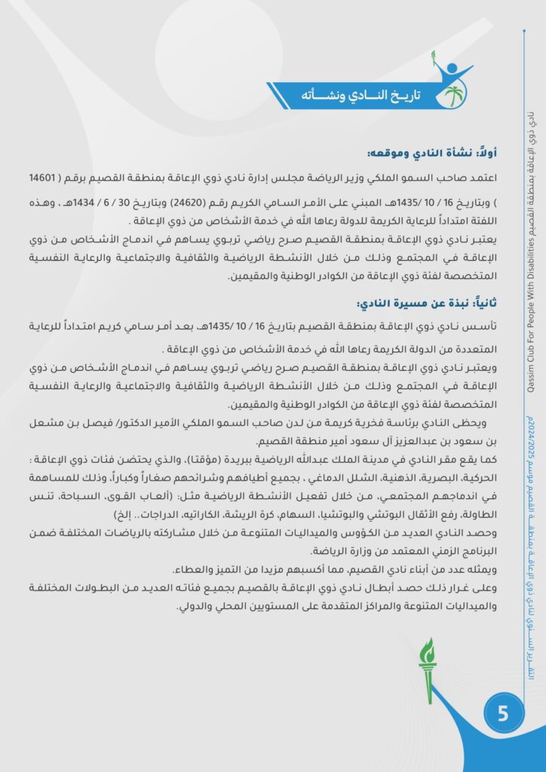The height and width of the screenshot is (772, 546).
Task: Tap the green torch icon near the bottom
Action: (428, 669)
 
